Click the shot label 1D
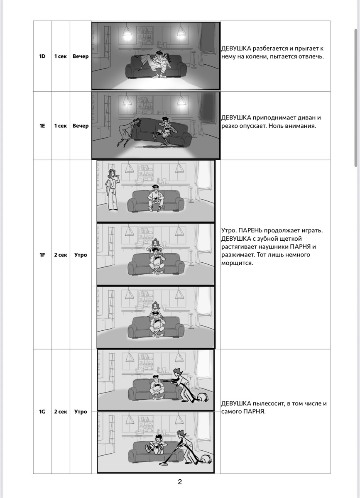(x=42, y=56)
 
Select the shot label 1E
(x=42, y=126)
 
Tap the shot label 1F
(x=42, y=255)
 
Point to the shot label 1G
(x=42, y=412)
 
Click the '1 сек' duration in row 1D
(x=61, y=56)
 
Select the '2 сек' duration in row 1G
(x=61, y=412)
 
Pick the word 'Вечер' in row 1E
(x=81, y=126)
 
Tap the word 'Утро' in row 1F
(x=81, y=255)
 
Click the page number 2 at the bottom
(x=180, y=481)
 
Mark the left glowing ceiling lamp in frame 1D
(x=127, y=32)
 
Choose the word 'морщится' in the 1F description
(x=237, y=263)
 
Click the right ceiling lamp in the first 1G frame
(x=179, y=357)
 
